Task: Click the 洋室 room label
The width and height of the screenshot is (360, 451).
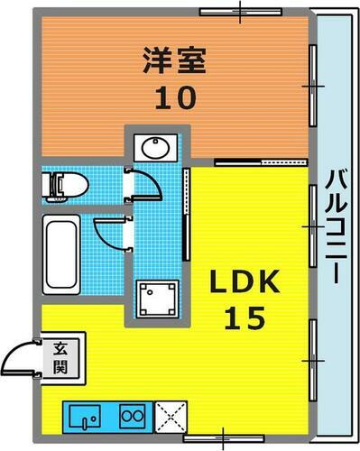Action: point(175,60)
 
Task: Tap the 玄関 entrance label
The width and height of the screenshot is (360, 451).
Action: point(59,355)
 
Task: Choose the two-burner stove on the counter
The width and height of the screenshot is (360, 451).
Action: point(132,416)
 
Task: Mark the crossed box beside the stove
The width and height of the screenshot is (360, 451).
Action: point(169,416)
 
